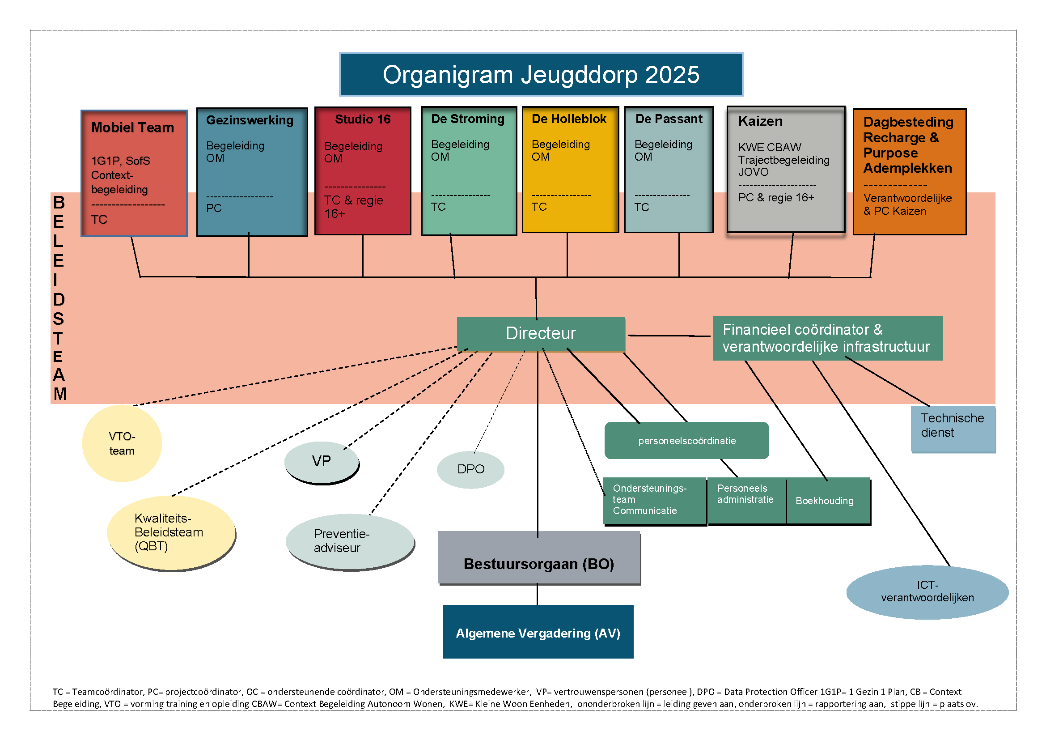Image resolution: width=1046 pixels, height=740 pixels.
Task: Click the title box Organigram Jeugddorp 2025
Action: tap(541, 74)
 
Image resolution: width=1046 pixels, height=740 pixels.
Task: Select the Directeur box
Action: tap(540, 334)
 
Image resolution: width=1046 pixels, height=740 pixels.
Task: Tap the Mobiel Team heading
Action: tap(132, 128)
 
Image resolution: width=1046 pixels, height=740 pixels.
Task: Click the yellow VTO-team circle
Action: tap(122, 443)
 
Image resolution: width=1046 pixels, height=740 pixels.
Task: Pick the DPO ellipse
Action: tap(470, 469)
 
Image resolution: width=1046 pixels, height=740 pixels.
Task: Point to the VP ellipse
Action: tap(321, 462)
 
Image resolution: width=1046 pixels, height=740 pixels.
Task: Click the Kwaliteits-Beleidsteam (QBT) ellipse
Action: tap(170, 532)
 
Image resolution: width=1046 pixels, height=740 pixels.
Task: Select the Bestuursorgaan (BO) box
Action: tap(538, 564)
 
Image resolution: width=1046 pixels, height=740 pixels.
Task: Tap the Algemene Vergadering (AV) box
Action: tap(538, 633)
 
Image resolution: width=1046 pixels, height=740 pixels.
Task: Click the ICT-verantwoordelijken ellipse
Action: tap(927, 591)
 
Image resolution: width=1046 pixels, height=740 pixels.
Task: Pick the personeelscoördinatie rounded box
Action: tap(686, 441)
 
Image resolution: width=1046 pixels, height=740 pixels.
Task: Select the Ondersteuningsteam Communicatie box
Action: tap(654, 500)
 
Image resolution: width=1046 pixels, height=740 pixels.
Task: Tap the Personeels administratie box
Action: tap(746, 500)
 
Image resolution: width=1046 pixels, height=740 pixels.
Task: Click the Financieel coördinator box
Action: tap(827, 338)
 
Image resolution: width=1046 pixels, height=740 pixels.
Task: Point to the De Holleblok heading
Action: tap(568, 119)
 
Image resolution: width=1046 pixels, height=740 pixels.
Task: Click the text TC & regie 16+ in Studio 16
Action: tap(353, 206)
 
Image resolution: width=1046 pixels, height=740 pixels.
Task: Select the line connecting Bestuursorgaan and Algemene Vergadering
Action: tap(537, 594)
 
